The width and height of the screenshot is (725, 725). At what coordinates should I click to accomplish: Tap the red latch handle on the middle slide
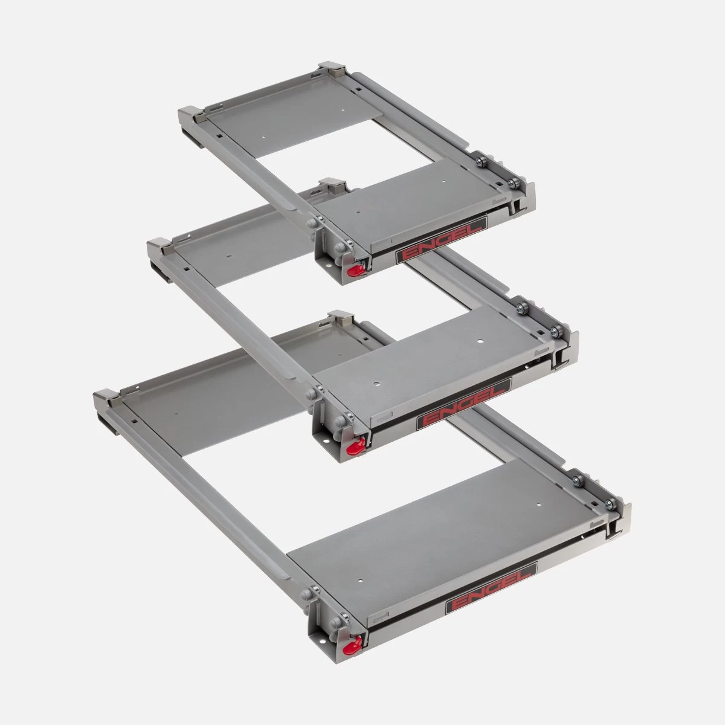[353, 446]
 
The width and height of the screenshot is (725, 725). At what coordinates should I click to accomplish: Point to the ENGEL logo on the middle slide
[463, 404]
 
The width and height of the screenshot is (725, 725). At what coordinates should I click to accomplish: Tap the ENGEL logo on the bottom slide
[491, 594]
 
